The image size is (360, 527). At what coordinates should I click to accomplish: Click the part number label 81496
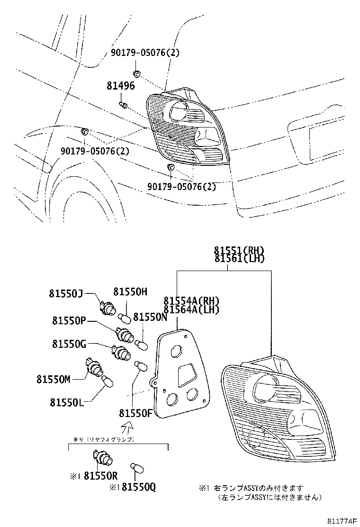(120, 86)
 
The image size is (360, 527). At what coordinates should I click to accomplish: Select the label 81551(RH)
(239, 250)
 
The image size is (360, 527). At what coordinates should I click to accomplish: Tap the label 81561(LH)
(239, 258)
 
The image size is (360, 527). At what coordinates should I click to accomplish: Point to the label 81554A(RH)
(192, 300)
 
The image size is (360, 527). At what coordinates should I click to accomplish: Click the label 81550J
(65, 294)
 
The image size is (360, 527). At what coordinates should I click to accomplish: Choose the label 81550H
(130, 292)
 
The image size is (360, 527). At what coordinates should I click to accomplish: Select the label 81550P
(69, 321)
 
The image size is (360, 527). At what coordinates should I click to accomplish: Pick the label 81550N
(150, 317)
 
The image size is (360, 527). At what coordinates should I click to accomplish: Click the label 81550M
(53, 379)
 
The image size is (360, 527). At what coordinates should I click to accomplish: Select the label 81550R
(100, 475)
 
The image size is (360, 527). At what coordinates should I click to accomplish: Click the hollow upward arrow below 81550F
(126, 428)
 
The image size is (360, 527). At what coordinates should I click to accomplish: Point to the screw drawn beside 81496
(123, 105)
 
